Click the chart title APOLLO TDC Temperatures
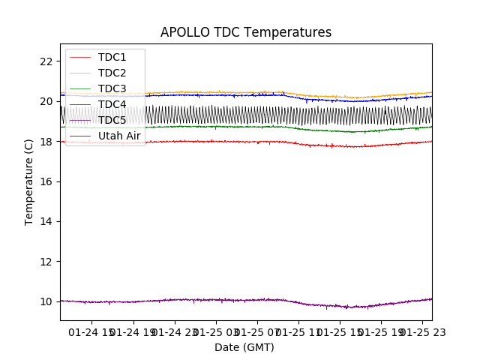pyautogui.click(x=246, y=32)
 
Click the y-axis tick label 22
pyautogui.click(x=46, y=61)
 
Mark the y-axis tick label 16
pyautogui.click(x=46, y=181)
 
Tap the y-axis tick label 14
pyautogui.click(x=46, y=221)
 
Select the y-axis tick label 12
pyautogui.click(x=46, y=262)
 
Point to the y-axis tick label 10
pyautogui.click(x=46, y=301)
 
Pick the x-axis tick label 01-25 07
pyautogui.click(x=256, y=331)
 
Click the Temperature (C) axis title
pyautogui.click(x=29, y=182)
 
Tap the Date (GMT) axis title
pyautogui.click(x=244, y=347)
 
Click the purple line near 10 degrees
pyautogui.click(x=225, y=300)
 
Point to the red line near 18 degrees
pyautogui.click(x=225, y=142)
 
